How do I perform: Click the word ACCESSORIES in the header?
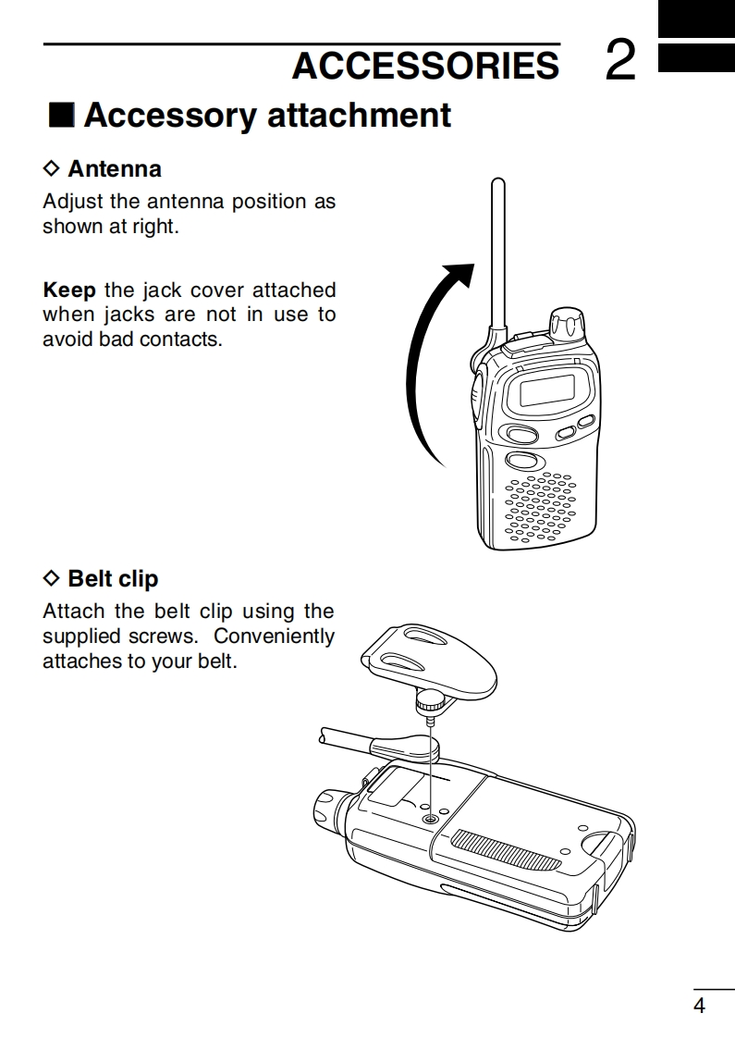pos(425,66)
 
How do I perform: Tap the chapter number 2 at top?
pos(621,61)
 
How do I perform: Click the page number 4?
pos(699,1007)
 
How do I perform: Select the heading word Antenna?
pos(115,168)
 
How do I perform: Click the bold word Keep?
pos(69,290)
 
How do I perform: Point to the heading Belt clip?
pos(113,579)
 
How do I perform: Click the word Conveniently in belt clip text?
pos(275,636)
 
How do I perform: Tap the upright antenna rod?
pos(496,250)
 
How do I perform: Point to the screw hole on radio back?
pos(429,820)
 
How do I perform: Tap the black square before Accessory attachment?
pos(60,116)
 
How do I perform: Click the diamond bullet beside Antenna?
pos(52,168)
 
